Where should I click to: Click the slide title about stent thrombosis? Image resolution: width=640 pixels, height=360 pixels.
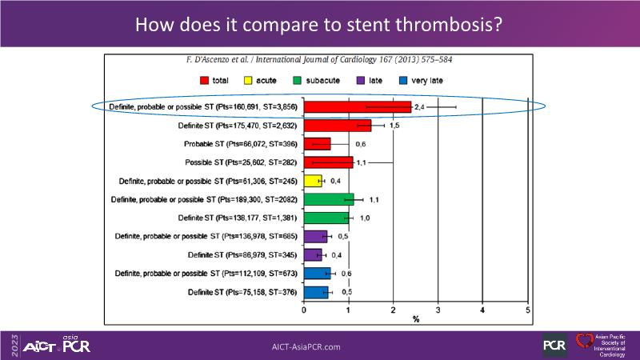319,24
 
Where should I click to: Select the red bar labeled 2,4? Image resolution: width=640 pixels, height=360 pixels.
358,106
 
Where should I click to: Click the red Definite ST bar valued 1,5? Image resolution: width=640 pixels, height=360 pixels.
338,125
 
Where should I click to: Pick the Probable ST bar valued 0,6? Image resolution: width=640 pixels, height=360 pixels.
317,143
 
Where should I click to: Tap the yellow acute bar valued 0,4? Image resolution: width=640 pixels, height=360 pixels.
313,181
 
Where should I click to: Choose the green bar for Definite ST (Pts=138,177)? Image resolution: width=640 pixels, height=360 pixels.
326,218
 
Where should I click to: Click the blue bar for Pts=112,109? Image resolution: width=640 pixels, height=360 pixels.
317,274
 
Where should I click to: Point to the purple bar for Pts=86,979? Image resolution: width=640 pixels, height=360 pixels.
313,254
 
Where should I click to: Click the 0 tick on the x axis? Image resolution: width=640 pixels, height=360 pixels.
304,309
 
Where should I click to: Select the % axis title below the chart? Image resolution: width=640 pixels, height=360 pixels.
416,318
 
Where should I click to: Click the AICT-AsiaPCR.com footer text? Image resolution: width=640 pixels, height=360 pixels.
306,346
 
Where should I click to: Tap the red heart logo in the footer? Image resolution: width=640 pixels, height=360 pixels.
583,342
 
